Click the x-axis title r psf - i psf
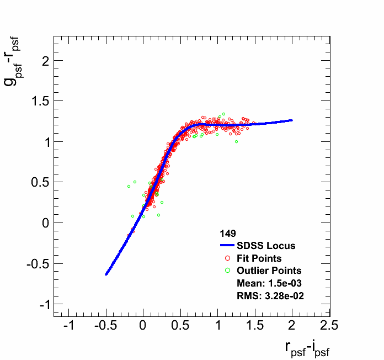pyautogui.click(x=307, y=348)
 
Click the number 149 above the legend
pyautogui.click(x=228, y=234)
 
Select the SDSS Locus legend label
pyautogui.click(x=266, y=246)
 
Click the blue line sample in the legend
pyautogui.click(x=228, y=246)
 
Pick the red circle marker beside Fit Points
pyautogui.click(x=228, y=258)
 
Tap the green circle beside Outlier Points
pyautogui.click(x=228, y=271)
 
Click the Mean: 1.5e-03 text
pyautogui.click(x=269, y=283)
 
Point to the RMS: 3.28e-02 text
pyautogui.click(x=270, y=296)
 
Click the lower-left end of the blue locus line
pyautogui.click(x=106, y=274)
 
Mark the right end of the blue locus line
pyautogui.click(x=291, y=120)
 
